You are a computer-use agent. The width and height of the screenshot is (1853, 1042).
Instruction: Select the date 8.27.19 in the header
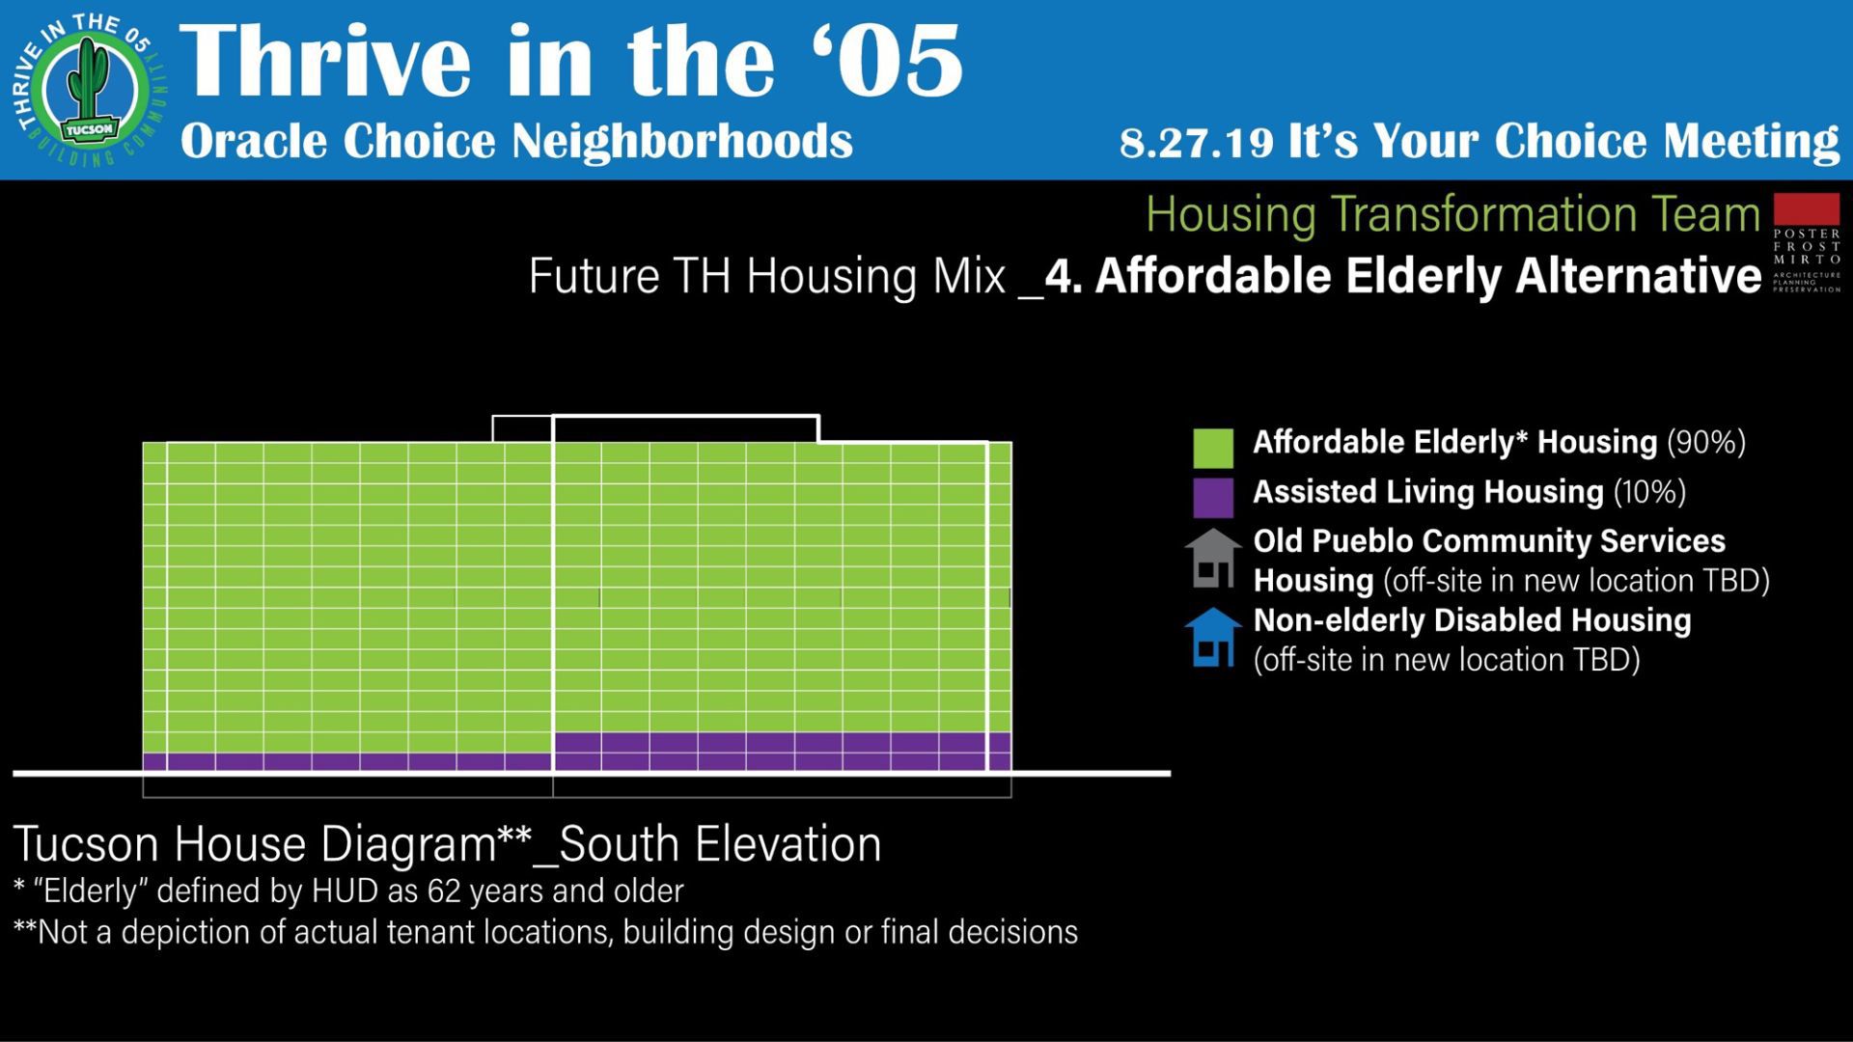1197,143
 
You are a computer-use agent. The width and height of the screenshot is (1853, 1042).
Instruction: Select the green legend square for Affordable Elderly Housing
1213,449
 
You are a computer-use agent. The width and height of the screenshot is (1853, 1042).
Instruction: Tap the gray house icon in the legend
1213,559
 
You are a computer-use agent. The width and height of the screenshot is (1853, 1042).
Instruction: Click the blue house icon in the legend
1213,638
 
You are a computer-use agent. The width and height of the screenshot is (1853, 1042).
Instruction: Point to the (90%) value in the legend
1706,442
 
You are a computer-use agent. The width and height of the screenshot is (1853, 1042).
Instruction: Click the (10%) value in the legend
1649,492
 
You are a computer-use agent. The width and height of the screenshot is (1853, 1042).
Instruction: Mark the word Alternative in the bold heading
1639,277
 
